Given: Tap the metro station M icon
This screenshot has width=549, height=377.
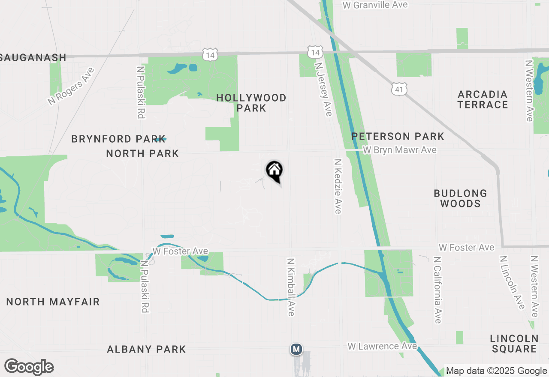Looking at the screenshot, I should (x=296, y=349).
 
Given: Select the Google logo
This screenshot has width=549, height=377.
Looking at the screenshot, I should (x=29, y=367).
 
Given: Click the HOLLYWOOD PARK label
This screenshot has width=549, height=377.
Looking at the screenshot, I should (x=251, y=103).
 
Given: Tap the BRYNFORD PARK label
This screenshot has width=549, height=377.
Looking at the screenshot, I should (x=118, y=139).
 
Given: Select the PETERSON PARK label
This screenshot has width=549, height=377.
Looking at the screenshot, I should (x=398, y=136).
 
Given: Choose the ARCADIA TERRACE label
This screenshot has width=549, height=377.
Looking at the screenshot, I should (x=483, y=99).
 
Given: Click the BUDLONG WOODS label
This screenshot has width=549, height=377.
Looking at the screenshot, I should (x=460, y=198).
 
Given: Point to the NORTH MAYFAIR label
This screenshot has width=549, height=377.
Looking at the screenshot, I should (x=53, y=302).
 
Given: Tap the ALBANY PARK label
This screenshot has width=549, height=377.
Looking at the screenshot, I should (x=146, y=349).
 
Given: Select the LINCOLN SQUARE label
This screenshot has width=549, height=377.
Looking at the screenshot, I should (x=514, y=344).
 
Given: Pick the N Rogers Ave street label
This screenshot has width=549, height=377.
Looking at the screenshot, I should (x=71, y=86).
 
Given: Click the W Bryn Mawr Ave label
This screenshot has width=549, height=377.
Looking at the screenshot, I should (x=399, y=150).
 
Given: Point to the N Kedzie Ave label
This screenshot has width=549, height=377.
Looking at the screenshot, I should (x=338, y=186).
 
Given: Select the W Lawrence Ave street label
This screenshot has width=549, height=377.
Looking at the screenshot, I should (x=382, y=346).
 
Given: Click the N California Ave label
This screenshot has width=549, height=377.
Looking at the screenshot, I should (x=437, y=290).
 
